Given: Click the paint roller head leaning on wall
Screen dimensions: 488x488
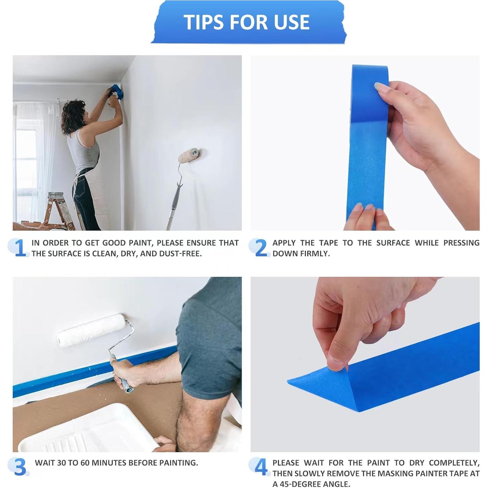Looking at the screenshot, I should pos(189,155).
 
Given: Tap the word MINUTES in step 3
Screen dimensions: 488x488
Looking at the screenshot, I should pos(109,463).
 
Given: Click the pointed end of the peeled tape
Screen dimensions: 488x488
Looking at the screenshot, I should pos(290,381).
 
